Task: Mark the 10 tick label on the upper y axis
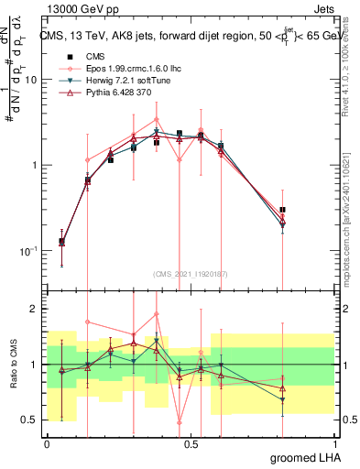(30, 80)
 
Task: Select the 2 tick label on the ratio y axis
(37, 309)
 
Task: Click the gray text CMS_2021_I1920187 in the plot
(191, 274)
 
